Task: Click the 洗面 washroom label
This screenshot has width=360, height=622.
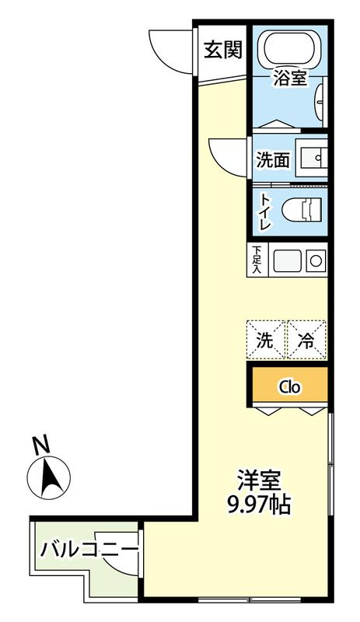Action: (272, 160)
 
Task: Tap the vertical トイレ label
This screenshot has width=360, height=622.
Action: (265, 211)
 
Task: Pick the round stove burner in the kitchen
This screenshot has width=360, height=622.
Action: (316, 260)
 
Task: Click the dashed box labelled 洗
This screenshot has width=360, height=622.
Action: (266, 339)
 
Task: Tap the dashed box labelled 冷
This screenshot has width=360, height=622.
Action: (306, 339)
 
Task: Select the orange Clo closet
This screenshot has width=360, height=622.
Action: (289, 386)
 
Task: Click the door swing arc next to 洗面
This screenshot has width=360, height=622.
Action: (229, 156)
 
